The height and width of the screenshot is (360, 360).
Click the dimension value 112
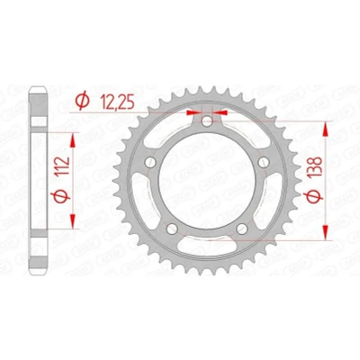(x=63, y=166)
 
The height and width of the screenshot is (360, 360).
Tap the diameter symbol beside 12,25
(x=82, y=101)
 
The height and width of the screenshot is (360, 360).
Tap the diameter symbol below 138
(x=313, y=196)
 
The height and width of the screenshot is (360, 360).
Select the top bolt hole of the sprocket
(x=207, y=121)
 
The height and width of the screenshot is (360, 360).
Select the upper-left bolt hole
(x=150, y=163)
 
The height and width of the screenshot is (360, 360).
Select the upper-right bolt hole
(x=264, y=163)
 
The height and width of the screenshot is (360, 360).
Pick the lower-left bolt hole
(x=172, y=229)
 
